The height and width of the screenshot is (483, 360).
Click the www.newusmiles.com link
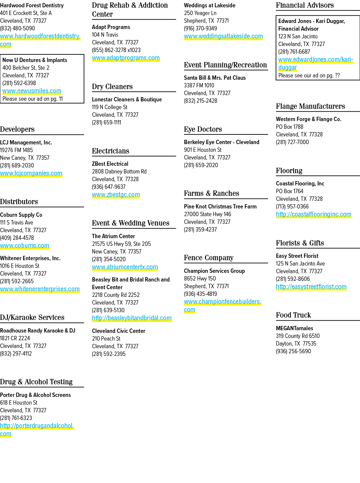coord(32,91)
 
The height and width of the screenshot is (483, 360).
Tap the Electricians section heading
coord(110,151)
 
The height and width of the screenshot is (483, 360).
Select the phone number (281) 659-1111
coord(106,122)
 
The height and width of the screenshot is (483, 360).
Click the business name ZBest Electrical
coord(110,164)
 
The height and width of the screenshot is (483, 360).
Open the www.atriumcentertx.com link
coord(125,267)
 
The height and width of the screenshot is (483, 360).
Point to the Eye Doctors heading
coord(203,129)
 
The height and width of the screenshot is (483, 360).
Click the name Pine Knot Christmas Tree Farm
coord(220,206)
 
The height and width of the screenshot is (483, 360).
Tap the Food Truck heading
coord(293,315)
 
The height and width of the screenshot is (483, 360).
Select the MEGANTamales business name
coord(294,328)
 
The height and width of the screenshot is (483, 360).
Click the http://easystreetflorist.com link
coord(311,287)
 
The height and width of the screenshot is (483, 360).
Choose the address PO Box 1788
coord(290,127)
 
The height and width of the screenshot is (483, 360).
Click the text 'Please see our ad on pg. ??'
coord(309,76)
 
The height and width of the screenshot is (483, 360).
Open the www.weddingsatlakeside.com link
coord(223,36)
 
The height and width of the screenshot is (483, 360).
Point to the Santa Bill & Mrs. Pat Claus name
coord(215,78)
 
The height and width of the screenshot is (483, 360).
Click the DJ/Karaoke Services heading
coord(32,317)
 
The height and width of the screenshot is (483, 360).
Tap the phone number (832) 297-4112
coord(16,354)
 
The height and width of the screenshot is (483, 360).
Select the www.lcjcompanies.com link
coord(31,173)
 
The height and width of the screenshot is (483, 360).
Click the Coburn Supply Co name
coord(21,215)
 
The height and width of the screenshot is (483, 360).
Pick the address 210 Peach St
coord(106,339)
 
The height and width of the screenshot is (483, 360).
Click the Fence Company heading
coord(209,258)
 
